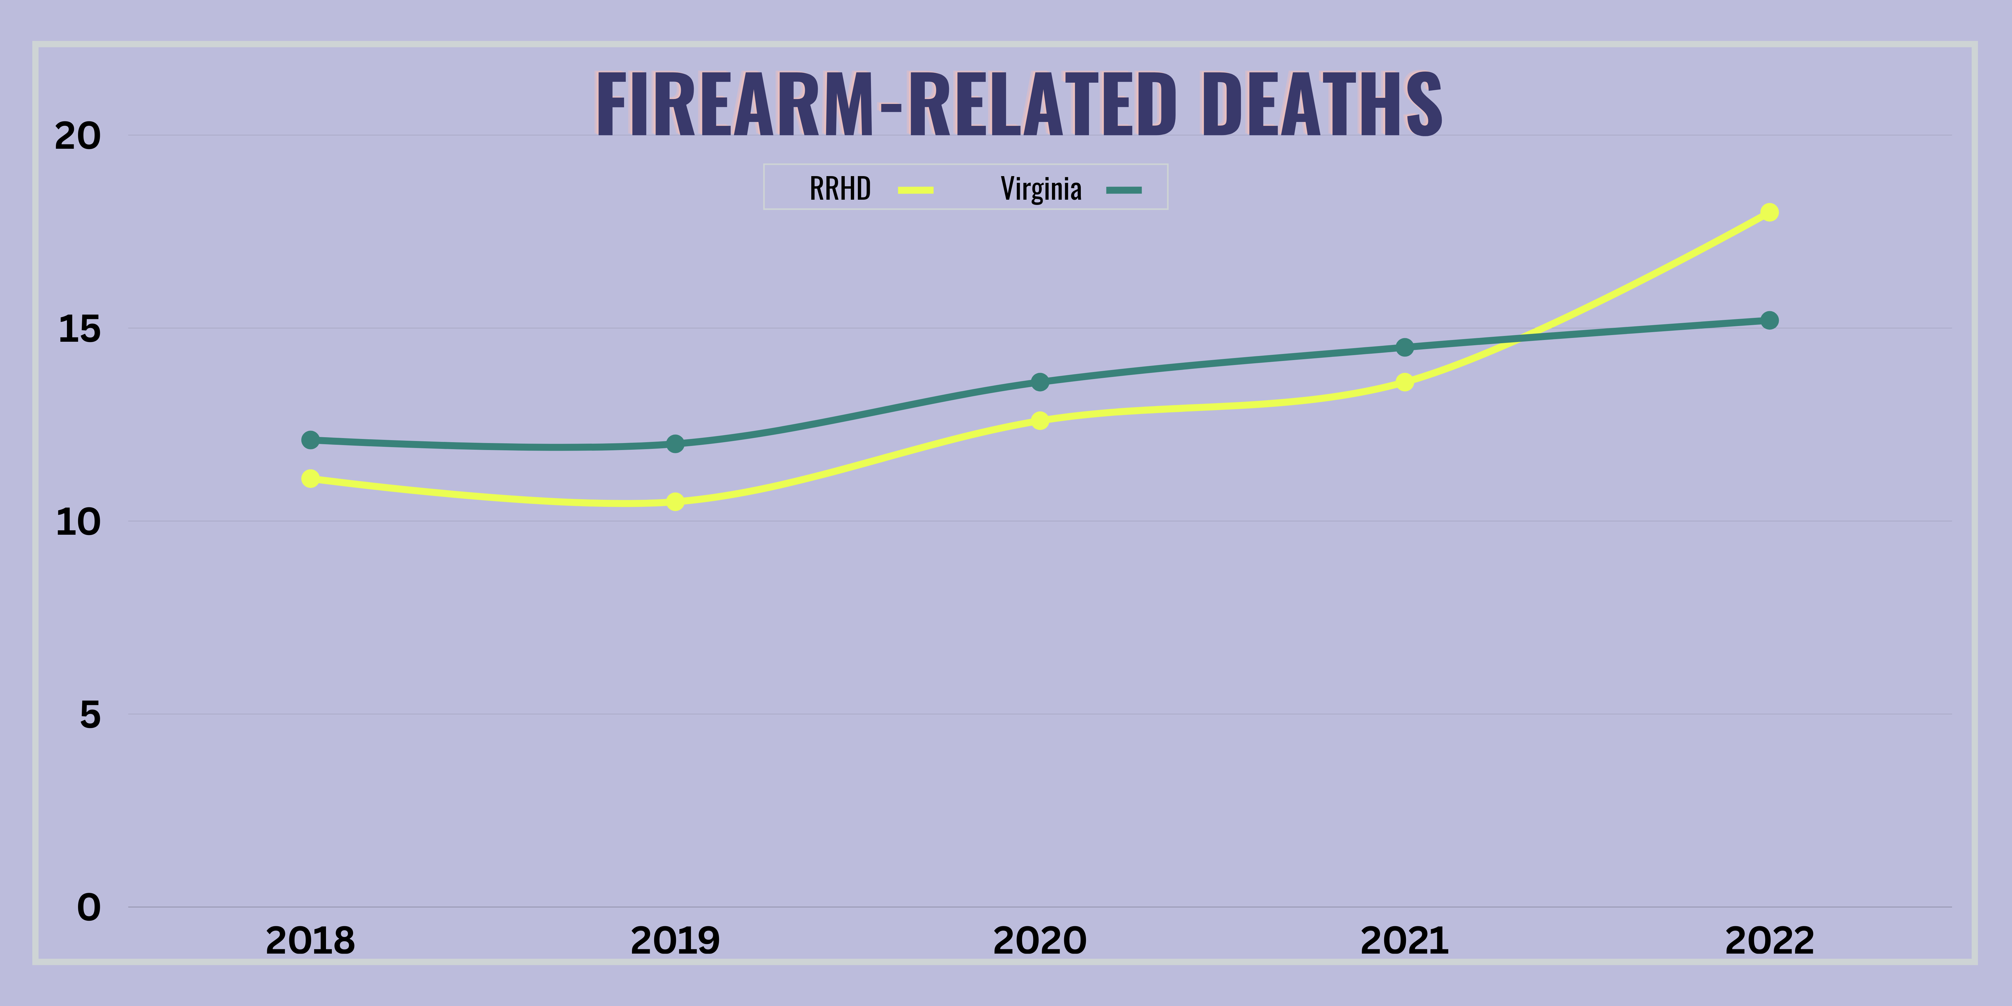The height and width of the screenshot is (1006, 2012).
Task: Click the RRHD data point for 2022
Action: click(1769, 212)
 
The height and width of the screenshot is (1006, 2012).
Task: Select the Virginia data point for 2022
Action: click(1769, 320)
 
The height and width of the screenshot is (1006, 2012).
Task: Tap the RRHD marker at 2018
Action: click(310, 478)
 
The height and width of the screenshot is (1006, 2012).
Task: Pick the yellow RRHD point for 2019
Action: click(675, 502)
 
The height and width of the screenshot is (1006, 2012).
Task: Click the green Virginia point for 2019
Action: click(675, 444)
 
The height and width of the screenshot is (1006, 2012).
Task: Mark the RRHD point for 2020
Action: click(1039, 420)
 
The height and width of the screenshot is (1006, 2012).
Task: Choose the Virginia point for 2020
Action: click(1039, 382)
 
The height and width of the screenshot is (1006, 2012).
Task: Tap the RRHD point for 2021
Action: click(1404, 382)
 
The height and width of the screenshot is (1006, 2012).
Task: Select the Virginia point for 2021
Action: click(1404, 347)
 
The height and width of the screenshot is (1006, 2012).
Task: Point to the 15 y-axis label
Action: click(79, 329)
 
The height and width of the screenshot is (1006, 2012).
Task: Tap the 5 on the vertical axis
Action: click(90, 715)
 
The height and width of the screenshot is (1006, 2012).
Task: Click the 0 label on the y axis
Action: click(89, 908)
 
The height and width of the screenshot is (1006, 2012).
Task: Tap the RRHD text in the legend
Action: click(839, 189)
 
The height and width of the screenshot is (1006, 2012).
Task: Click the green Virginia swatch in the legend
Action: click(1124, 190)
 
